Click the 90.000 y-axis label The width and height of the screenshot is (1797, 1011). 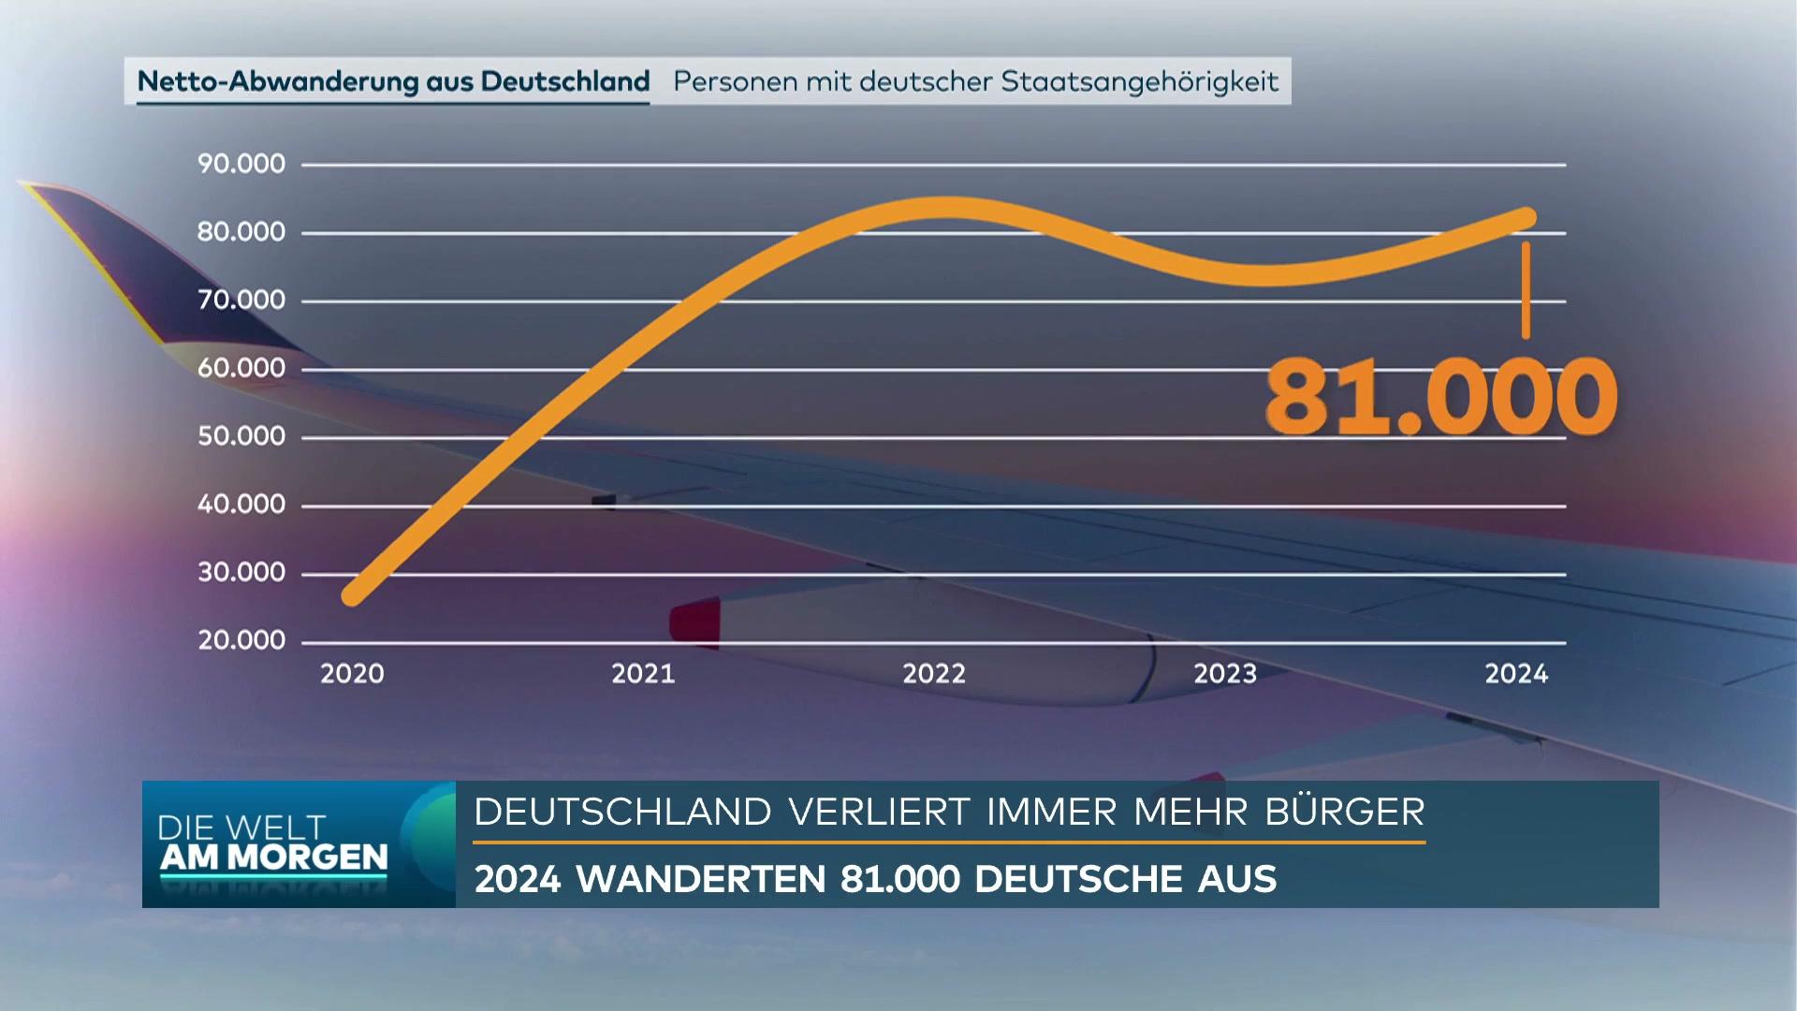click(241, 164)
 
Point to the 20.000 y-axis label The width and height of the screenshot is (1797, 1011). click(241, 640)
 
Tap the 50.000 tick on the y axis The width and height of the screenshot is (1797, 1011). click(241, 436)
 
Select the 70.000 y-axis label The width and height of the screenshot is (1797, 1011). click(241, 300)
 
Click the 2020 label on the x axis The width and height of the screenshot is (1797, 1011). click(352, 674)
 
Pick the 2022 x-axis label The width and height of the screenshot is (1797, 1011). click(934, 674)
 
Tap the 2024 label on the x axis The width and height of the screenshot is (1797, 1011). click(1516, 674)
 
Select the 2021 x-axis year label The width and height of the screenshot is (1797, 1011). click(643, 674)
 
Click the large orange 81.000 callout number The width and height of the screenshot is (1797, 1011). click(1440, 397)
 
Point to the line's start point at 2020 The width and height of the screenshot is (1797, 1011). click(353, 595)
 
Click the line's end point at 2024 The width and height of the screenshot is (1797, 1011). click(1527, 218)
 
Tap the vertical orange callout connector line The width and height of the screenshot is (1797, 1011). click(1527, 290)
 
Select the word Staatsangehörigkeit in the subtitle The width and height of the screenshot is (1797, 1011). click(1139, 82)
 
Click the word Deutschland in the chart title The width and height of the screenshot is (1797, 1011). click(564, 81)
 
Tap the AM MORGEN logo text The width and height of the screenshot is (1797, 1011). click(273, 857)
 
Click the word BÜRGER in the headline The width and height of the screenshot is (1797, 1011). click(1344, 812)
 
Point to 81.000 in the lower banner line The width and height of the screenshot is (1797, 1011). click(899, 879)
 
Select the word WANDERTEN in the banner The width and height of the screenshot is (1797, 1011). click(700, 879)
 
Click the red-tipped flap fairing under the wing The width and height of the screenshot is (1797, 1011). click(694, 622)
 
